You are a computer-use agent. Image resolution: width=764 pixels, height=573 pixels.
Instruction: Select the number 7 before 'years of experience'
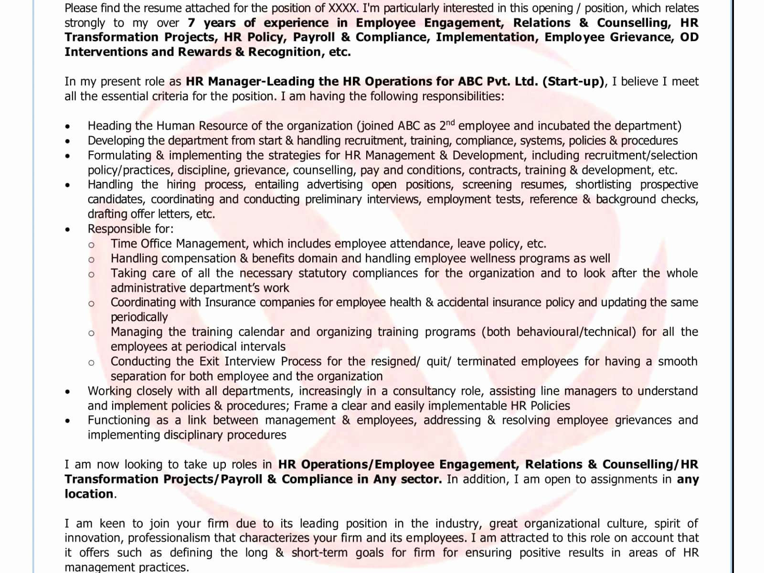coord(191,23)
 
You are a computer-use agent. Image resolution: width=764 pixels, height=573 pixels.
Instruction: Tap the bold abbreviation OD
coord(689,37)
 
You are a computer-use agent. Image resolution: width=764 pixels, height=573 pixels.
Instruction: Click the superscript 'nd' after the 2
coord(450,123)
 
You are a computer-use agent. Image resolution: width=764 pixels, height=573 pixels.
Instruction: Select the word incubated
coord(563,126)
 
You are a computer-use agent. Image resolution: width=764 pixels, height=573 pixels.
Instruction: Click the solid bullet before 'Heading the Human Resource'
coord(68,127)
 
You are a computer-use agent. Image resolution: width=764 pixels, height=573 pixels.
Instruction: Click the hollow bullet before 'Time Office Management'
coord(91,245)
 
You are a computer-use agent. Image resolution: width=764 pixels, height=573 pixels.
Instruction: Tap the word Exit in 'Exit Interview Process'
coord(210,361)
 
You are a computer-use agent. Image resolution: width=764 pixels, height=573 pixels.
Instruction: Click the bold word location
coord(89,494)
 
